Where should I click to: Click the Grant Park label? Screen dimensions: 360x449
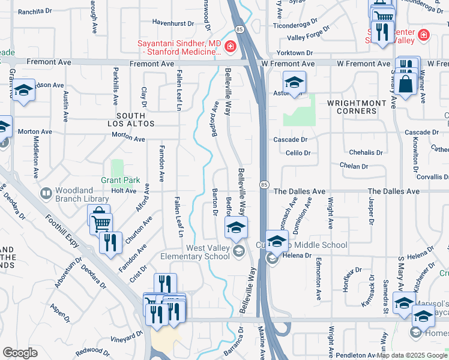click(120, 180)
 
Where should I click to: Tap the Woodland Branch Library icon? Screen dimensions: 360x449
click(46, 194)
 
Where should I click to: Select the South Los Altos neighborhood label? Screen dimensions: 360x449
click(131, 119)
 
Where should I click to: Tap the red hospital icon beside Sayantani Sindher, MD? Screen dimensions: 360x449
click(229, 47)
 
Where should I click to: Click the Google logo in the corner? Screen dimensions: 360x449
click(20, 353)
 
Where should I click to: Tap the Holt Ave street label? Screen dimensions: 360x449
click(124, 191)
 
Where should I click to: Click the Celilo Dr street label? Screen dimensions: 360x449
click(298, 153)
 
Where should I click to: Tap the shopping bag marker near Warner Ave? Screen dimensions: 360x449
click(406, 85)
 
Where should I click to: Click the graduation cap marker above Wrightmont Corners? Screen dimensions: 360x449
click(294, 82)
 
